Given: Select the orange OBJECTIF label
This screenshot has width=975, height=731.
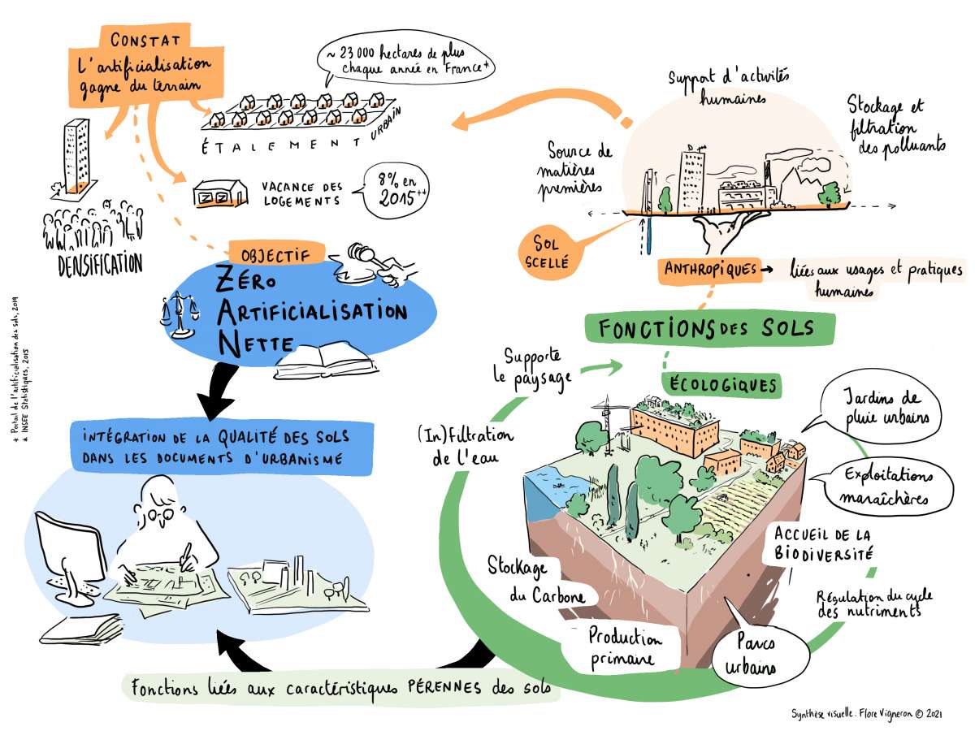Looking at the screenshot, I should tap(278, 253).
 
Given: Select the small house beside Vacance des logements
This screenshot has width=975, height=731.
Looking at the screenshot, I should tap(219, 194).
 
